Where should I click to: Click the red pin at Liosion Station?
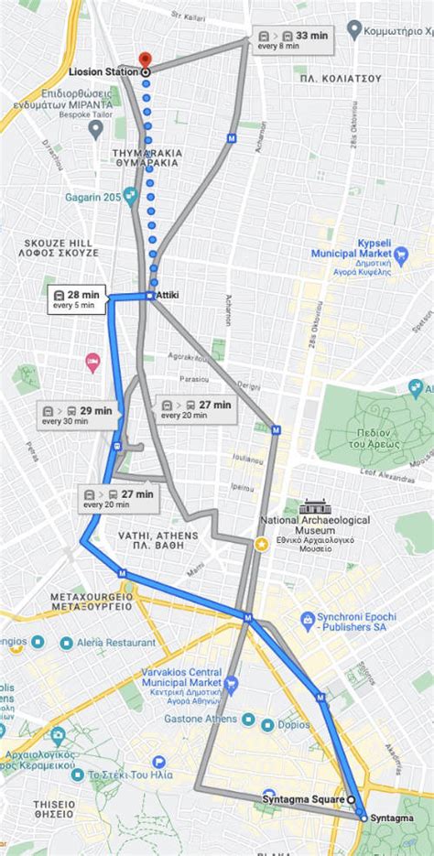(x=146, y=59)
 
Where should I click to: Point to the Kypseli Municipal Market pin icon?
(x=399, y=254)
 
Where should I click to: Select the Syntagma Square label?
(x=302, y=799)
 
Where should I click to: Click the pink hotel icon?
(x=92, y=362)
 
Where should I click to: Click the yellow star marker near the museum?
(x=261, y=545)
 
